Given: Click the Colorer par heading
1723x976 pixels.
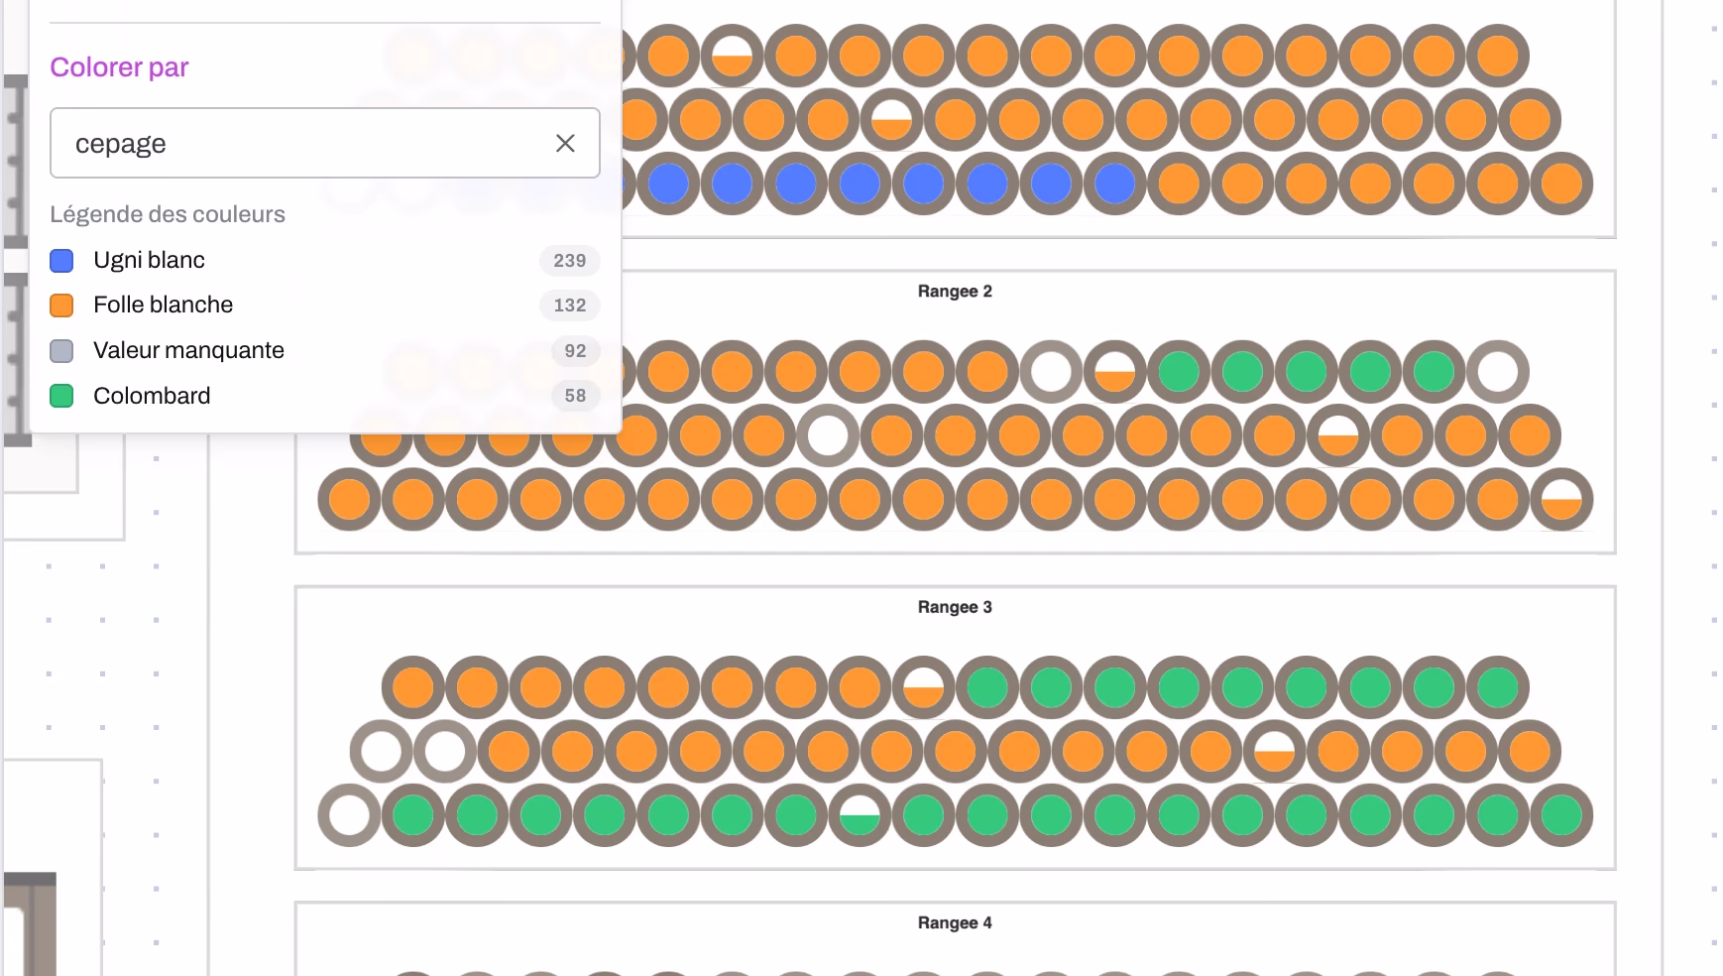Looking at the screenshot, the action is point(119,67).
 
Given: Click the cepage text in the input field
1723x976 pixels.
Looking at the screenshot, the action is point(121,144).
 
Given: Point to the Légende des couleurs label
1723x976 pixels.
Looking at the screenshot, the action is point(168,214).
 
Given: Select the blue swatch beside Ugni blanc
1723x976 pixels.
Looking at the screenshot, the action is point(61,261).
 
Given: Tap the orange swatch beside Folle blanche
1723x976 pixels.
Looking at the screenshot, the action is point(61,305).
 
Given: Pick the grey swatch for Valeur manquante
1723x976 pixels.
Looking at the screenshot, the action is point(61,351).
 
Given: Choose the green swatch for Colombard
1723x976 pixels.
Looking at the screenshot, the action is point(61,396).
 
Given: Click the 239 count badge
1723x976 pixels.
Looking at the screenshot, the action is point(570,261).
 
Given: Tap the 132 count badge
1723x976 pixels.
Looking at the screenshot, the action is point(570,305).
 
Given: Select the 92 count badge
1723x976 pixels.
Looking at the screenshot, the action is point(575,351).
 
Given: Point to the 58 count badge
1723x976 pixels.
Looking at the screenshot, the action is point(575,396).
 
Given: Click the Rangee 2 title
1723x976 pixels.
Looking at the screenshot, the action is point(955,292).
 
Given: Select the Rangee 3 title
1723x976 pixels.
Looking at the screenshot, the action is point(955,607).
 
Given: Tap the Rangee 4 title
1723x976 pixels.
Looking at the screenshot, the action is point(955,922).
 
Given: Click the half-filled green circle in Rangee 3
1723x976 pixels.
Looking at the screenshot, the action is point(860,815).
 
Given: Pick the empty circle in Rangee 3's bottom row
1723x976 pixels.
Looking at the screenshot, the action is point(349,815).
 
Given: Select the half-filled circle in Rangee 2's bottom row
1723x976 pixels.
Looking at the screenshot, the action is point(1561,500).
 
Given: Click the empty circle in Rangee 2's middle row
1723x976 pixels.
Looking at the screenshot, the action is point(828,435).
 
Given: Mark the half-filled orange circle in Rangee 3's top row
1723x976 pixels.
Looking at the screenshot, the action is point(923,687).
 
